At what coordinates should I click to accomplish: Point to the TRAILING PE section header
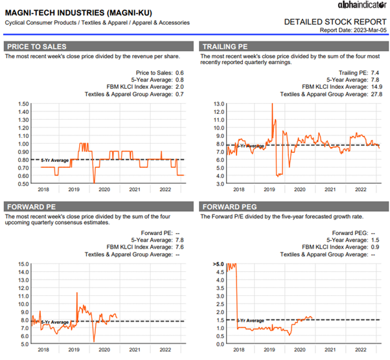(224, 46)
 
